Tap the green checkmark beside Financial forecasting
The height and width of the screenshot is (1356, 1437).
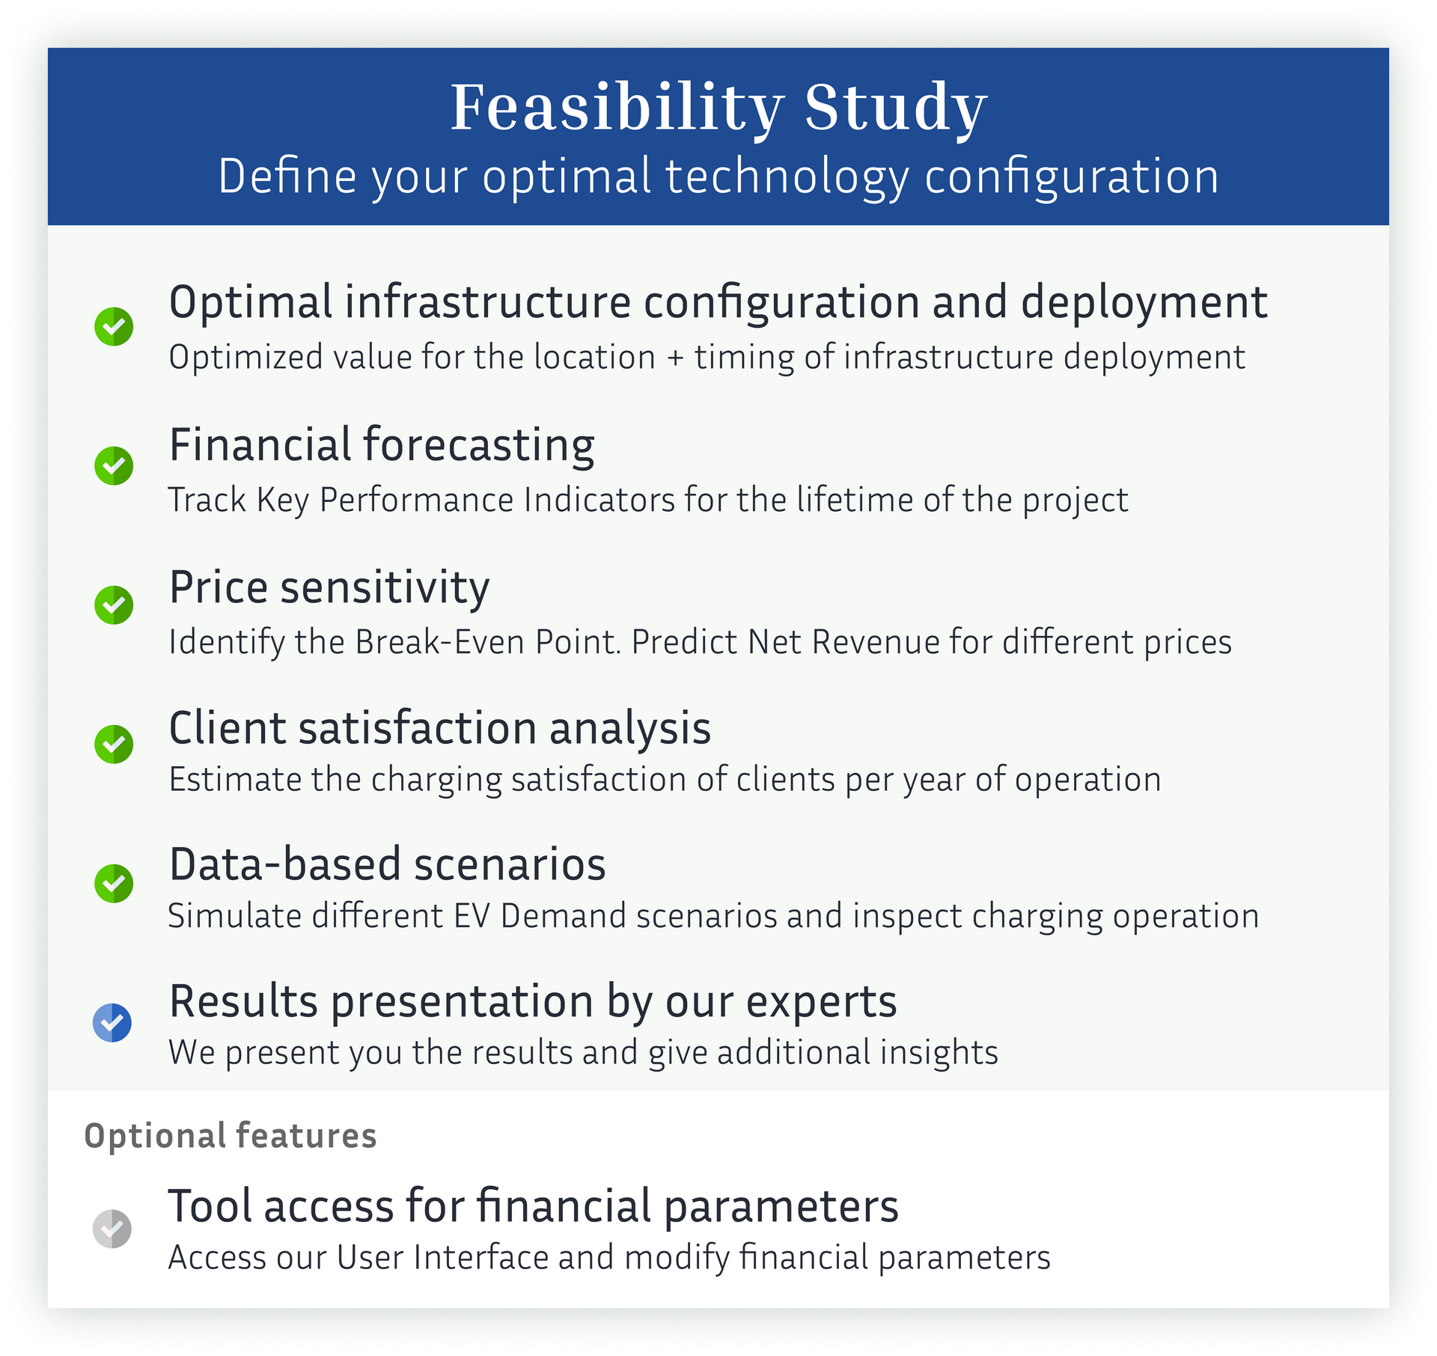pyautogui.click(x=114, y=465)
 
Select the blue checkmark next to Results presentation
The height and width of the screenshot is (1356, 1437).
pyautogui.click(x=112, y=1022)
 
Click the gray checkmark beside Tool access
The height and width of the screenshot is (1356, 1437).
pyautogui.click(x=112, y=1229)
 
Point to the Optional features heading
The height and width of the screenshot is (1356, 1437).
pyautogui.click(x=231, y=1135)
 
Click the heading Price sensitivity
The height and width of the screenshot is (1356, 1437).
pyautogui.click(x=329, y=587)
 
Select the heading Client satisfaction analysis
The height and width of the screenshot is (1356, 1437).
pyautogui.click(x=440, y=727)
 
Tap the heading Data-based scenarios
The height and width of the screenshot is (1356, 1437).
pyautogui.click(x=388, y=864)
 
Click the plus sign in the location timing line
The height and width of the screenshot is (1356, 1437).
pyautogui.click(x=675, y=358)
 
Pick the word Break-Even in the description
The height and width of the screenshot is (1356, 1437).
pyautogui.click(x=439, y=642)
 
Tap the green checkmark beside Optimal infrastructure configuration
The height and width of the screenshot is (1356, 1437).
pyautogui.click(x=114, y=326)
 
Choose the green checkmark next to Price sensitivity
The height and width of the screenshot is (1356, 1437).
pyautogui.click(x=114, y=605)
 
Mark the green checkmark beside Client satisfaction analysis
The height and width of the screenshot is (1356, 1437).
pyautogui.click(x=114, y=744)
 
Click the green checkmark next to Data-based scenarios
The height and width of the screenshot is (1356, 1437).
pyautogui.click(x=114, y=883)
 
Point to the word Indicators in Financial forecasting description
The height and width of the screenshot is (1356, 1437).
pyautogui.click(x=599, y=500)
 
